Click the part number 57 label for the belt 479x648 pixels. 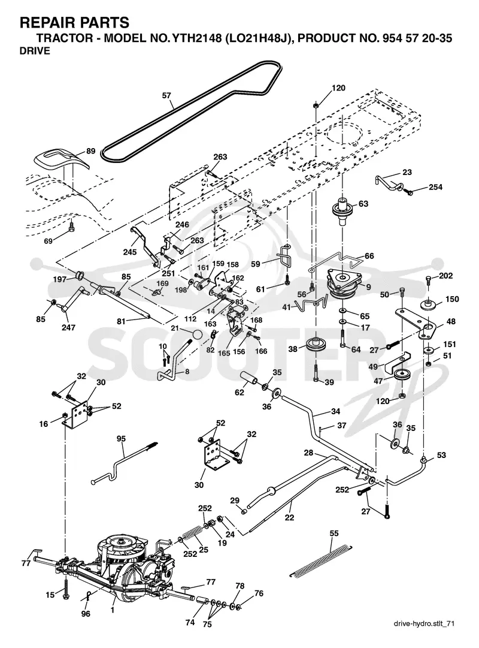tap(166, 95)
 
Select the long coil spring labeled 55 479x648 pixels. tap(320, 561)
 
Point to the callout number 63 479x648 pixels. tap(363, 204)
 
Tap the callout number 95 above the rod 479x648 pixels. tap(121, 439)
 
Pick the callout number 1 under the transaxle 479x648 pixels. tap(113, 610)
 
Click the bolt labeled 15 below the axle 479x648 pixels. tap(65, 589)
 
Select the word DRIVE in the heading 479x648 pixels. tap(35, 51)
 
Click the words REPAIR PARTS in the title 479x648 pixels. tap(74, 22)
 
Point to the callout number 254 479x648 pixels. tap(435, 187)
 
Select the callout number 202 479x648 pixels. tap(446, 276)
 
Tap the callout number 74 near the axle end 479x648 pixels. tap(190, 622)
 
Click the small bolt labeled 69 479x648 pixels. tap(72, 227)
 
